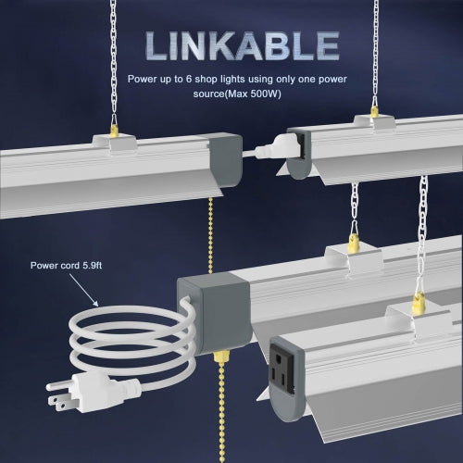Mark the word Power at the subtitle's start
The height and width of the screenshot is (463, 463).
[x=144, y=80]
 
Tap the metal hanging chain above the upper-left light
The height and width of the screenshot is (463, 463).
[x=114, y=56]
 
